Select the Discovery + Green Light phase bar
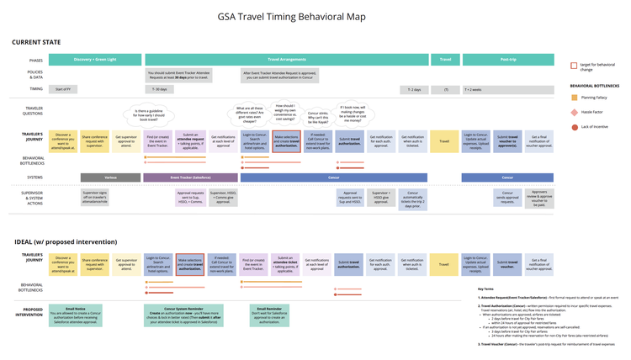pos(94,60)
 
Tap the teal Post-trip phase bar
pos(507,60)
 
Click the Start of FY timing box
pos(63,88)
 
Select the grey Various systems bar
pos(111,177)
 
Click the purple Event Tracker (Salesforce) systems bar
pos(190,177)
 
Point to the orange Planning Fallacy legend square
pos(574,98)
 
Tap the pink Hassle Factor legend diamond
pos(574,112)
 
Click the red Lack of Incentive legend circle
pos(574,125)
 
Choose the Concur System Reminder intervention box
pos(186,316)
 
